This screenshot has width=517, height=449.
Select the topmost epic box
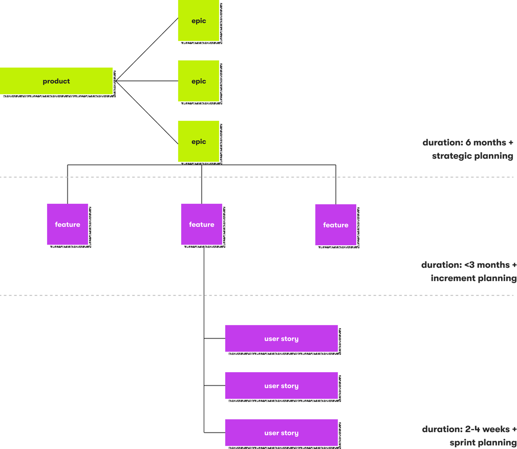coord(199,21)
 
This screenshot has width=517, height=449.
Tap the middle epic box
coord(199,81)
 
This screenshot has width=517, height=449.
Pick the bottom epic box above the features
coord(199,141)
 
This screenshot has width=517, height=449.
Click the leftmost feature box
coord(68,224)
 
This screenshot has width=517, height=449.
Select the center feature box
coord(202,224)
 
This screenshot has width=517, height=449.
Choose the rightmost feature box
coord(336,225)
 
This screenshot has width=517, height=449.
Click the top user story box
coord(282,338)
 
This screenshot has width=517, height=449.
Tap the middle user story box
coord(282,386)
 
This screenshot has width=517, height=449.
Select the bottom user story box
coord(282,433)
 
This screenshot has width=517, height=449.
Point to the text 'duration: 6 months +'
coord(468,142)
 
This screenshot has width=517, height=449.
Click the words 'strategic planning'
coord(472,156)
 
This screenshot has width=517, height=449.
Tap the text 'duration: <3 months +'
coord(468,265)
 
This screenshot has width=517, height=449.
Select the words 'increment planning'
coord(473,279)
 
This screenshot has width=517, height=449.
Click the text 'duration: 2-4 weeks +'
coord(468,429)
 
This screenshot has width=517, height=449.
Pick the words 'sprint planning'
coord(482,442)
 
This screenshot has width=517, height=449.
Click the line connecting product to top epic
coord(146,50)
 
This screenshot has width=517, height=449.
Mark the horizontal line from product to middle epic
coord(146,81)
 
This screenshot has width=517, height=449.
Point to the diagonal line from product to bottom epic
coord(146,112)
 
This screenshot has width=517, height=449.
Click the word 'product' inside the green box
coord(56,81)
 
